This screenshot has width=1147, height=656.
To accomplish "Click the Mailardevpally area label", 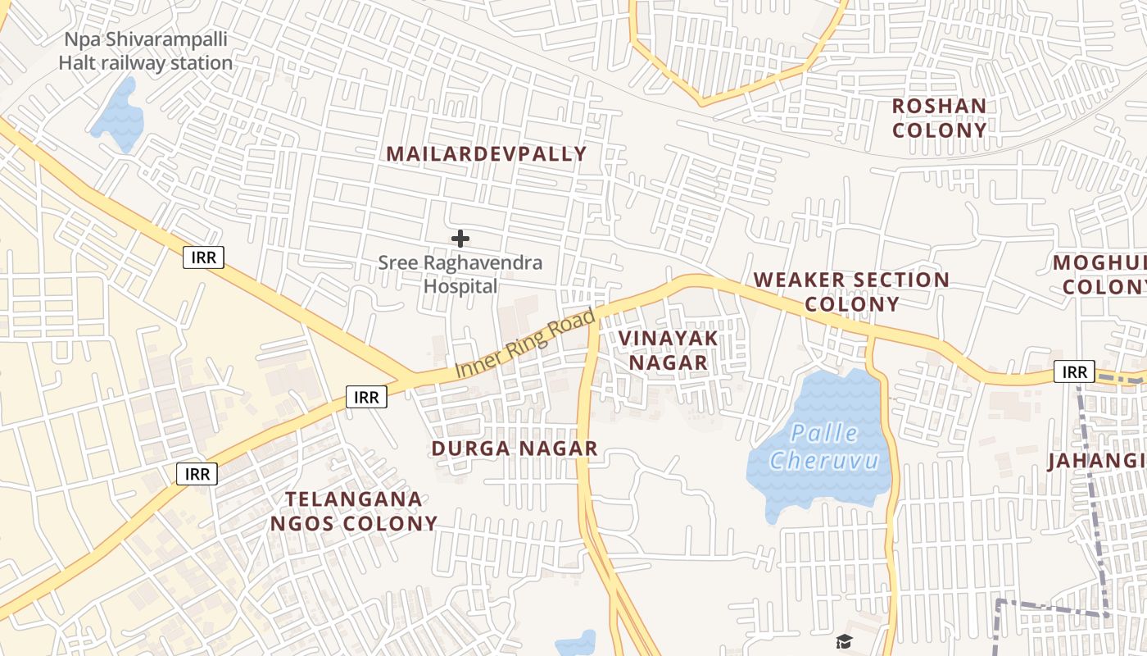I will (487, 154).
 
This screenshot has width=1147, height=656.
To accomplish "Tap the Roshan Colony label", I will (939, 118).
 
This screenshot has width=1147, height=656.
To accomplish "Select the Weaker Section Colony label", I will (851, 291).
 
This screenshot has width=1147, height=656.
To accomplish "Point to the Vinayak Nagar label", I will (668, 350).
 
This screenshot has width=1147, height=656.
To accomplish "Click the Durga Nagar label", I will (515, 449).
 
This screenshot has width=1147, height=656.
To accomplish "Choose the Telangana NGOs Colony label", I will (354, 511).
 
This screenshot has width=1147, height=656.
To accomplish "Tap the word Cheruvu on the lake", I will (824, 460).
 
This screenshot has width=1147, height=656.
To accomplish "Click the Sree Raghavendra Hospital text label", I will (460, 275).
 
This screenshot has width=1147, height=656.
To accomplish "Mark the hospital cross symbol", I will (460, 239).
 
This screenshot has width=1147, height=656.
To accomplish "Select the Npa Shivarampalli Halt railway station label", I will (146, 51).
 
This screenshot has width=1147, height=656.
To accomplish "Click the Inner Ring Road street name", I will (524, 344).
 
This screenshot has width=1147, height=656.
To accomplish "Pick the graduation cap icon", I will (844, 641).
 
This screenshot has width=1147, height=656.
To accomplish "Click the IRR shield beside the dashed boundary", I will (1074, 372).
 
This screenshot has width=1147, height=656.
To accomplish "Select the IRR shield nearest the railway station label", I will (203, 257).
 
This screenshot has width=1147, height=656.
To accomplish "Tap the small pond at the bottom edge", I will (576, 645).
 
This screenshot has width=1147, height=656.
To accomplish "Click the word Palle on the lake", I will (825, 433).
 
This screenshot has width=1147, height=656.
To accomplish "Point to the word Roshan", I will (939, 106).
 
